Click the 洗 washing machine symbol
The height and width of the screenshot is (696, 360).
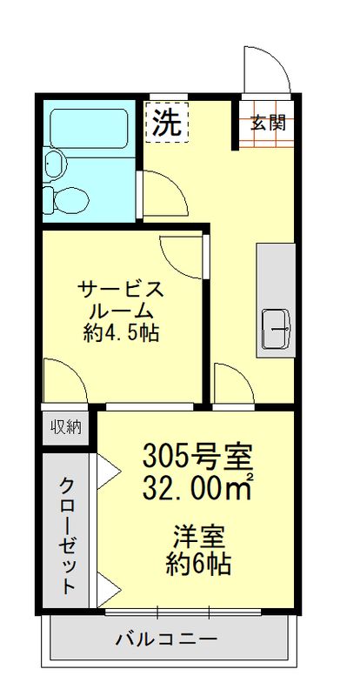(x=164, y=123)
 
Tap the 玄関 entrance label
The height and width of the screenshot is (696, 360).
(x=269, y=123)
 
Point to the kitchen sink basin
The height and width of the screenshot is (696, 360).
(x=277, y=330)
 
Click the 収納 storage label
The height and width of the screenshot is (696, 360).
(x=66, y=426)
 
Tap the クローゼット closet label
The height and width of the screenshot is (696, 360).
(x=68, y=533)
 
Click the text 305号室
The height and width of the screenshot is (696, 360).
(x=197, y=455)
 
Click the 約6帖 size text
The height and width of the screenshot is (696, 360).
(x=198, y=563)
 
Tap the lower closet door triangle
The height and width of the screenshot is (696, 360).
(x=108, y=591)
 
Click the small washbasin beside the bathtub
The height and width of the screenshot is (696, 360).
(x=56, y=163)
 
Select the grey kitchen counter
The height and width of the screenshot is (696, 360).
(x=277, y=298)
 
